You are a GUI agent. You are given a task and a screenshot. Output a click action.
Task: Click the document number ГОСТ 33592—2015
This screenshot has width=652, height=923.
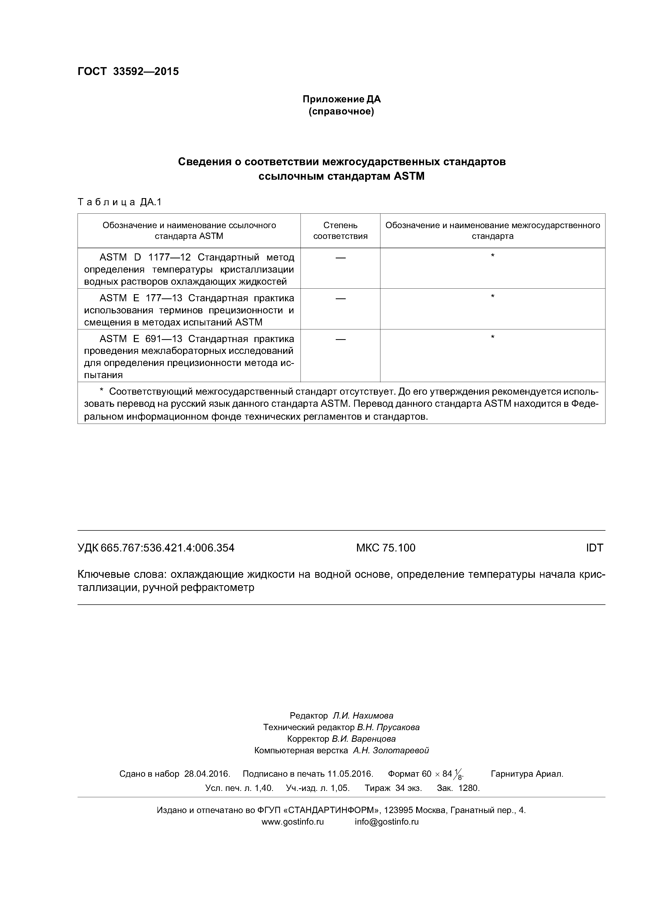click(128, 72)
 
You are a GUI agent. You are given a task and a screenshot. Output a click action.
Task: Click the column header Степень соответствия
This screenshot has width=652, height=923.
click(340, 230)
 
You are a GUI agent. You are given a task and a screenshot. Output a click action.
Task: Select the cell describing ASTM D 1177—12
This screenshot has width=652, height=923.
click(189, 269)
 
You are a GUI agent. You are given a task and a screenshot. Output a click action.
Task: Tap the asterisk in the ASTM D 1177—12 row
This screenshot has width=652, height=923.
click(492, 256)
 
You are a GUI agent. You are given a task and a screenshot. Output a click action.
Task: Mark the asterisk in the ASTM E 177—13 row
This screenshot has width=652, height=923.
click(492, 297)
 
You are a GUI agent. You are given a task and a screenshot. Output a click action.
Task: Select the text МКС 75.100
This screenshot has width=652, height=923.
click(386, 548)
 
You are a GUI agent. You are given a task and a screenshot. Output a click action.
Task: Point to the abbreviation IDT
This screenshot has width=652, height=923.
click(594, 548)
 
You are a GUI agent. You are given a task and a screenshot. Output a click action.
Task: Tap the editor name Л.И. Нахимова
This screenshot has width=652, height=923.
click(363, 716)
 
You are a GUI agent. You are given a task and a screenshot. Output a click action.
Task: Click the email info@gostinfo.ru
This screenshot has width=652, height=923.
click(386, 822)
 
